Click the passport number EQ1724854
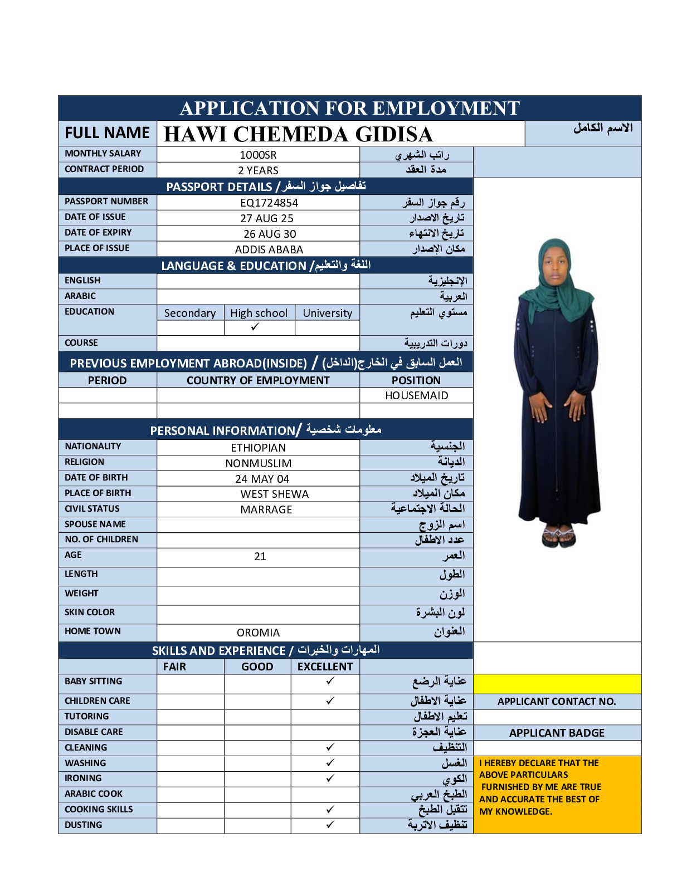[269, 203]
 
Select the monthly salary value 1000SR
[258, 155]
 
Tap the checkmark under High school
[255, 327]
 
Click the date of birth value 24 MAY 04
[262, 479]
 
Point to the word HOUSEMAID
[416, 395]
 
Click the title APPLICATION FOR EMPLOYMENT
[349, 108]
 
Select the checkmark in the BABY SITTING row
[330, 680]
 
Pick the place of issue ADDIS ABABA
[269, 249]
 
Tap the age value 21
[260, 556]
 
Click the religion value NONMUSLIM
[258, 463]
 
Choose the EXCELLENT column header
[325, 667]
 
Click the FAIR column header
[174, 667]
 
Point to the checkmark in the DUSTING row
[330, 824]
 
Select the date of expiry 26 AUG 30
[270, 234]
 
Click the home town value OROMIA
[258, 633]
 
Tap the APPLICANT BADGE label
[557, 733]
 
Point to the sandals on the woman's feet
[558, 536]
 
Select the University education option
[327, 313]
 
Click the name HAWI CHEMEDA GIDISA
[298, 134]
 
